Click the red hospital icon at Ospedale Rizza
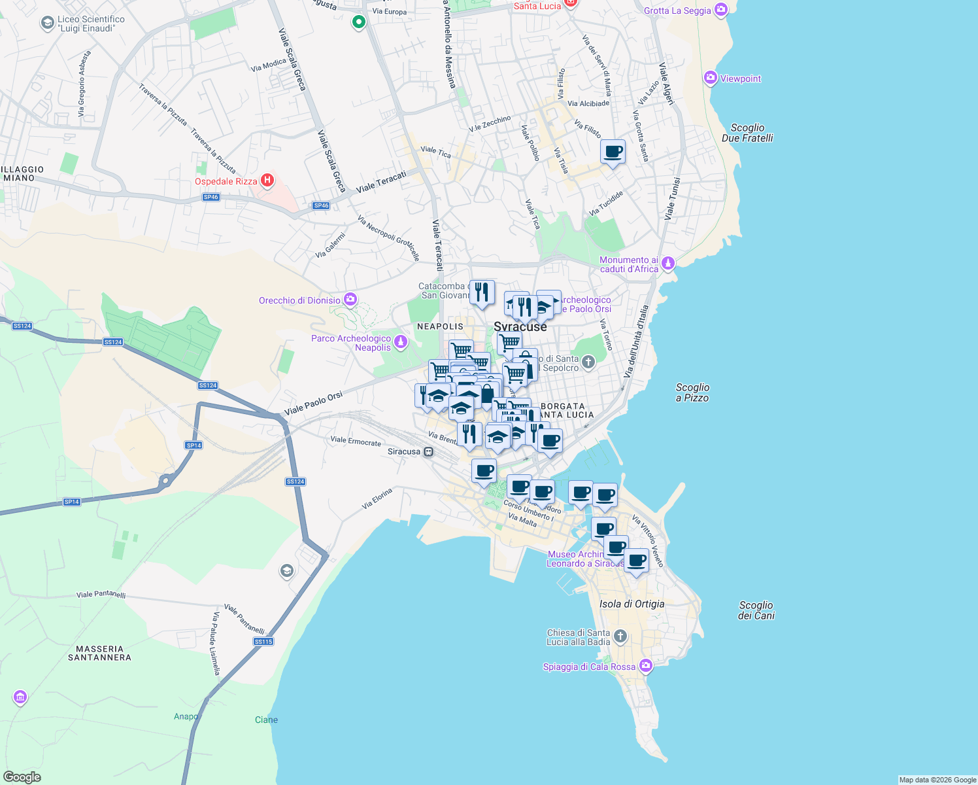(267, 180)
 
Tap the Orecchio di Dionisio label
(299, 300)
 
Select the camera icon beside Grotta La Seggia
(720, 10)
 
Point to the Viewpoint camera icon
(711, 78)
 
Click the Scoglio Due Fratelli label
(747, 133)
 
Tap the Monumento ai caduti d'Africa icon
(667, 264)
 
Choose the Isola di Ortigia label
(632, 604)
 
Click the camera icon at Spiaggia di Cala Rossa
(646, 666)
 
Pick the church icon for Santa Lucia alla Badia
(620, 636)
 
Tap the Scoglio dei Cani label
(756, 610)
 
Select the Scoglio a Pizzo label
(692, 392)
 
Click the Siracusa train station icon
(428, 451)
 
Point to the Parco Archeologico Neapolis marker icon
(401, 341)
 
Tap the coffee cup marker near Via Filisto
(613, 152)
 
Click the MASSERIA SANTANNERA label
(100, 653)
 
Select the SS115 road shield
(263, 642)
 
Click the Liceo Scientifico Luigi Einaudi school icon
(47, 24)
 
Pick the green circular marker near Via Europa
(358, 22)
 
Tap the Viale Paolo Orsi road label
(314, 403)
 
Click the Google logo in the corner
(22, 777)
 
